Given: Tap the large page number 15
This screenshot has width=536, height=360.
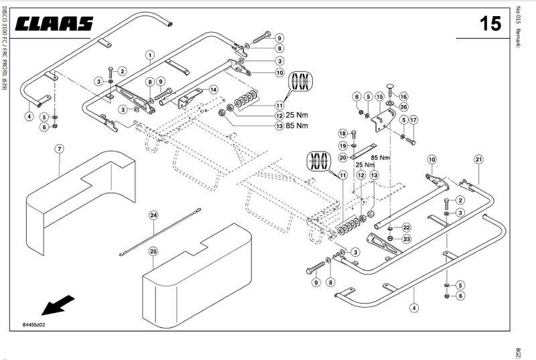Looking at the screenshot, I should click(x=490, y=24).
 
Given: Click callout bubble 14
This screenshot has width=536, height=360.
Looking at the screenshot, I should click(x=213, y=89).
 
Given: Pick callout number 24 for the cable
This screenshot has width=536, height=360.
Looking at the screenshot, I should click(x=153, y=215).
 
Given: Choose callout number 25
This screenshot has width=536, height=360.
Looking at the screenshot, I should click(x=153, y=251).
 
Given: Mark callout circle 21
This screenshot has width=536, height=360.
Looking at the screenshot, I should click(x=478, y=159).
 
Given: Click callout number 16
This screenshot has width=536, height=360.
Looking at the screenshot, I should click(x=404, y=96).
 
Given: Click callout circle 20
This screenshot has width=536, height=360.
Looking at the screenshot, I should click(x=342, y=158).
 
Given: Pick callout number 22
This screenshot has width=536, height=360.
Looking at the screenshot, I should click(x=406, y=229).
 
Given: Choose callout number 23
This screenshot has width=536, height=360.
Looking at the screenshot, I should click(x=406, y=239).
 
